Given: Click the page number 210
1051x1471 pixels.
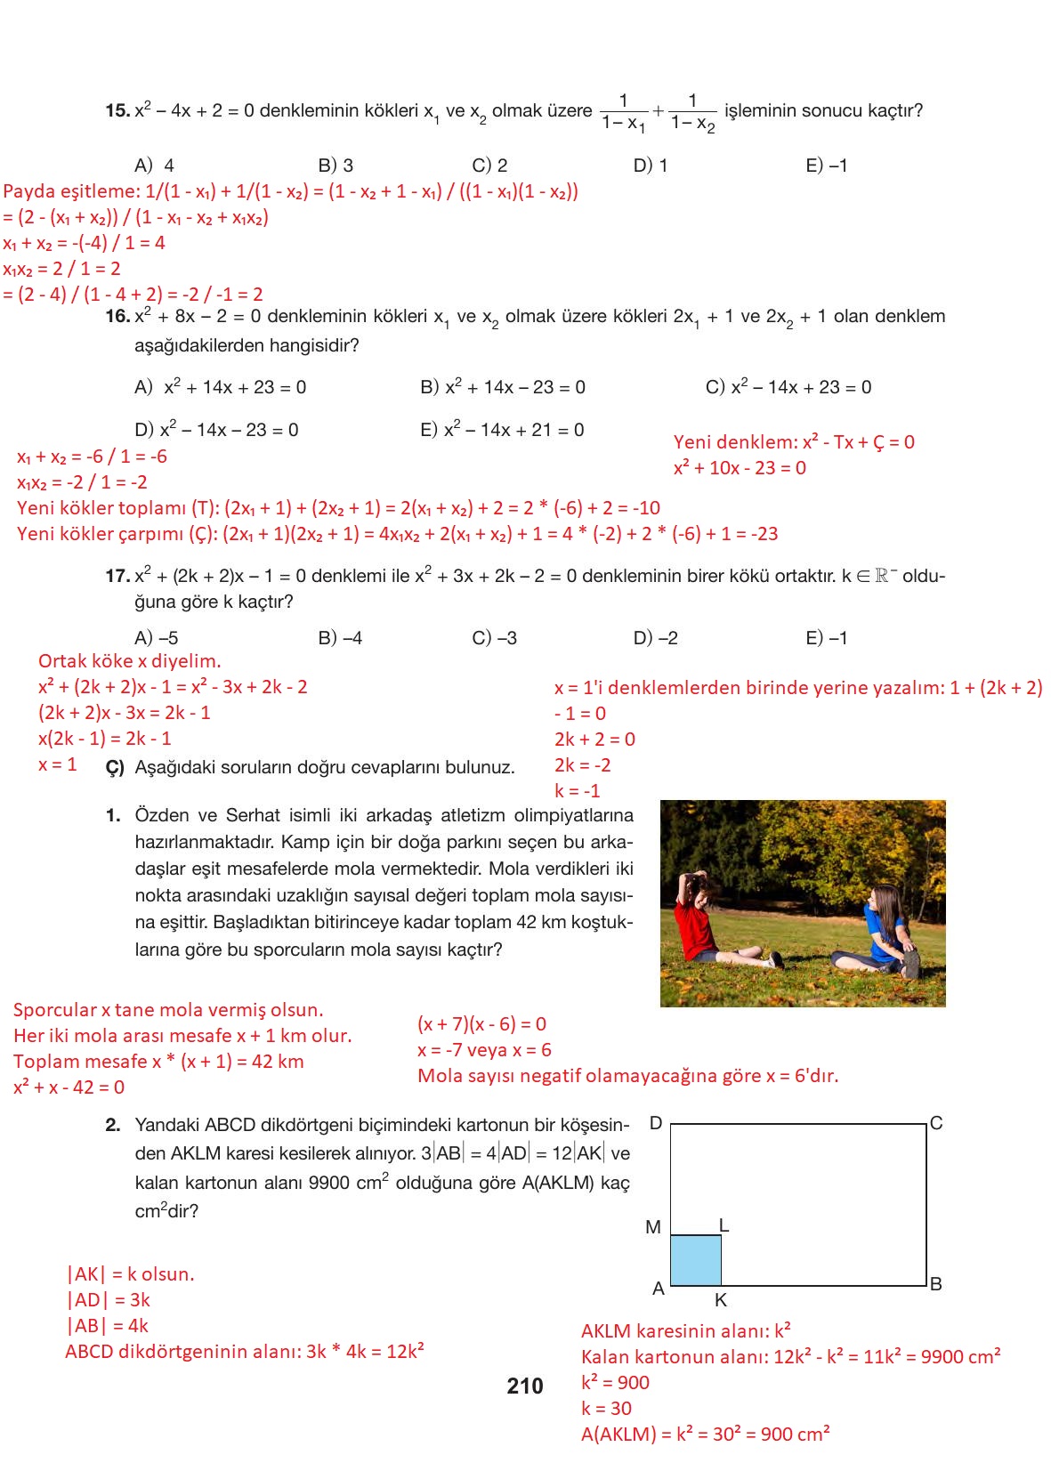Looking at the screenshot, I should pos(524,1386).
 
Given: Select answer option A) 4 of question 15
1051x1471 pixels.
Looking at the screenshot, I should pos(155,166).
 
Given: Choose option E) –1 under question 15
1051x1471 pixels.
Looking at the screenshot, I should pos(826,166).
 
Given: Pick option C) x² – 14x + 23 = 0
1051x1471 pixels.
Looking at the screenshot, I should pos(788,387).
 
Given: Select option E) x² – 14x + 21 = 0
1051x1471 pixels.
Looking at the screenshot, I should pos(502,430).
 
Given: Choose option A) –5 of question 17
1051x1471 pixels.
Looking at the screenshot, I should pos(157,638).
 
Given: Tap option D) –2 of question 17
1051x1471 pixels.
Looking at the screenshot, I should pos(655,638).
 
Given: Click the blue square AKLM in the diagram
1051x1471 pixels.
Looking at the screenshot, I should pos(695,1260).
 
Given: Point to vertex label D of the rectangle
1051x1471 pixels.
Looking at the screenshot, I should pos(656,1123).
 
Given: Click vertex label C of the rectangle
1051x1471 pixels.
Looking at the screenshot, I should pos(936,1123).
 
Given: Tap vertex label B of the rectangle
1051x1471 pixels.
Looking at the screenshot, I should pos(936,1284).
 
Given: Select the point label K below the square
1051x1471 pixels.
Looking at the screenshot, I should pos(721,1300).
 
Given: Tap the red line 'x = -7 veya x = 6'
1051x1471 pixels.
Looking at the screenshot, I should pos(484,1050).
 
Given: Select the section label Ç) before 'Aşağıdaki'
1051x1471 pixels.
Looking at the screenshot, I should pos(115,768).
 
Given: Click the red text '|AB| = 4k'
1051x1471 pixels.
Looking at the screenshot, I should pos(108,1326).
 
